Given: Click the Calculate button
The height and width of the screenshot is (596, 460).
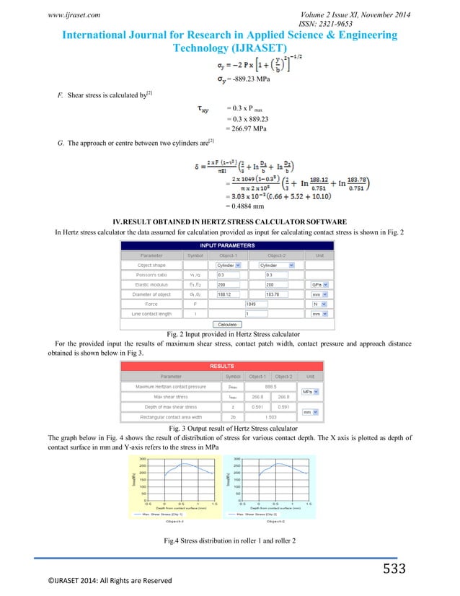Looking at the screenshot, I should [229, 325].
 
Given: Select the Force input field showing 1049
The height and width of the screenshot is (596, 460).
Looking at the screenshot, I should [256, 304].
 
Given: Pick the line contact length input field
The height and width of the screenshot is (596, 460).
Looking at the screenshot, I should [256, 315].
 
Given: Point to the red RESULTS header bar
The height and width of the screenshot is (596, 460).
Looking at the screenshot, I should [229, 366].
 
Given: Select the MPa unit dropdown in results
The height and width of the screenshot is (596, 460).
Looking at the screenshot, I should [311, 392].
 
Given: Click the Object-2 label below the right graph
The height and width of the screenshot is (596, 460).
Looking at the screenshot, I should [277, 520].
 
